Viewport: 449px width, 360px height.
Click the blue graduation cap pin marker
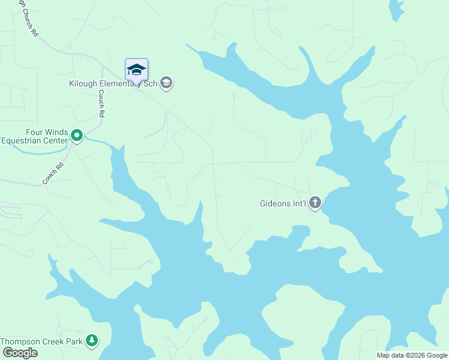coord(136,70)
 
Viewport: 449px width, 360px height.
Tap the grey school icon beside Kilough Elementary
coord(167,83)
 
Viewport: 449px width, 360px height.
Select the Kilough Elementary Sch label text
coord(113,83)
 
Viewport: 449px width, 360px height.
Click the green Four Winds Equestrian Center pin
coord(77,136)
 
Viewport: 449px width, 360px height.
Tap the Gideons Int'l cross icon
coord(315,203)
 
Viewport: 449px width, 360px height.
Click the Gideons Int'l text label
coord(283,204)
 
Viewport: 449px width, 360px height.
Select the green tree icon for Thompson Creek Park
coord(91,341)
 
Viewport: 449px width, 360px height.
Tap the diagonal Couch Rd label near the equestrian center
coord(53,174)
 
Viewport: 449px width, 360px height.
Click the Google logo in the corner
coord(19,353)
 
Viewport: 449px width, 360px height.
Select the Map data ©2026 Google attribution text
coord(411,355)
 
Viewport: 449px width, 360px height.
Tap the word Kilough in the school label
coord(83,83)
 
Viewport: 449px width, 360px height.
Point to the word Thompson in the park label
coord(20,341)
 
